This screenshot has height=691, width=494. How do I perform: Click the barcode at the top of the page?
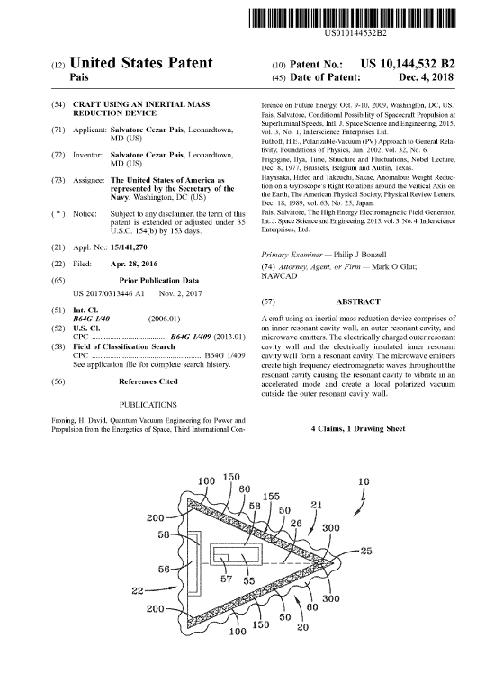(x=352, y=19)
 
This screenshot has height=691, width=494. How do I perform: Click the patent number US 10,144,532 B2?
(x=408, y=64)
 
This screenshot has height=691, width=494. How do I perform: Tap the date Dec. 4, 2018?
(x=426, y=77)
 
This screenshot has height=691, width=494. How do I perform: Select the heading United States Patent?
(x=141, y=63)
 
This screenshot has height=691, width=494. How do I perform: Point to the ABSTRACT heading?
(x=358, y=302)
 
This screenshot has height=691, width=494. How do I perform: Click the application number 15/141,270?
(x=129, y=247)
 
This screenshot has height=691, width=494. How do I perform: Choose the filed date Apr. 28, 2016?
(x=133, y=264)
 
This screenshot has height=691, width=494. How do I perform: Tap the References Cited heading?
(x=148, y=381)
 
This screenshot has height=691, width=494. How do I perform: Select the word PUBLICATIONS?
(x=148, y=405)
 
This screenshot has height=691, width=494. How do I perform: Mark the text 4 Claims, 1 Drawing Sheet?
(x=358, y=428)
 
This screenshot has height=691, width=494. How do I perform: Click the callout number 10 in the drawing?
(x=364, y=481)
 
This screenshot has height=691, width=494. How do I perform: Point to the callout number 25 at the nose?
(x=366, y=551)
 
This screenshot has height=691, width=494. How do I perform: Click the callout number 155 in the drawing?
(x=271, y=497)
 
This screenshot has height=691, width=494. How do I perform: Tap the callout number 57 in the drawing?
(x=227, y=579)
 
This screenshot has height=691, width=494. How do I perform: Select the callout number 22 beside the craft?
(x=138, y=590)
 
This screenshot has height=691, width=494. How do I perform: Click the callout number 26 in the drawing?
(x=296, y=523)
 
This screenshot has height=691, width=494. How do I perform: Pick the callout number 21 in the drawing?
(x=317, y=505)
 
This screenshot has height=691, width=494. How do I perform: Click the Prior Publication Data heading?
(x=159, y=281)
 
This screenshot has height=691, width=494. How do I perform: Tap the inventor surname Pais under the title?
(x=79, y=77)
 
